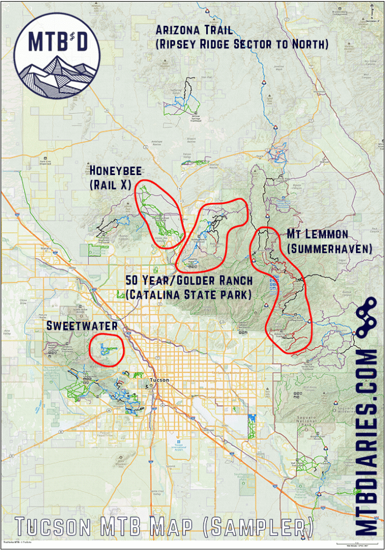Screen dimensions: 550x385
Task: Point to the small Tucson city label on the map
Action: [159, 380]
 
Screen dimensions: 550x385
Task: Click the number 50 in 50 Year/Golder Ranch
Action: [133, 280]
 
